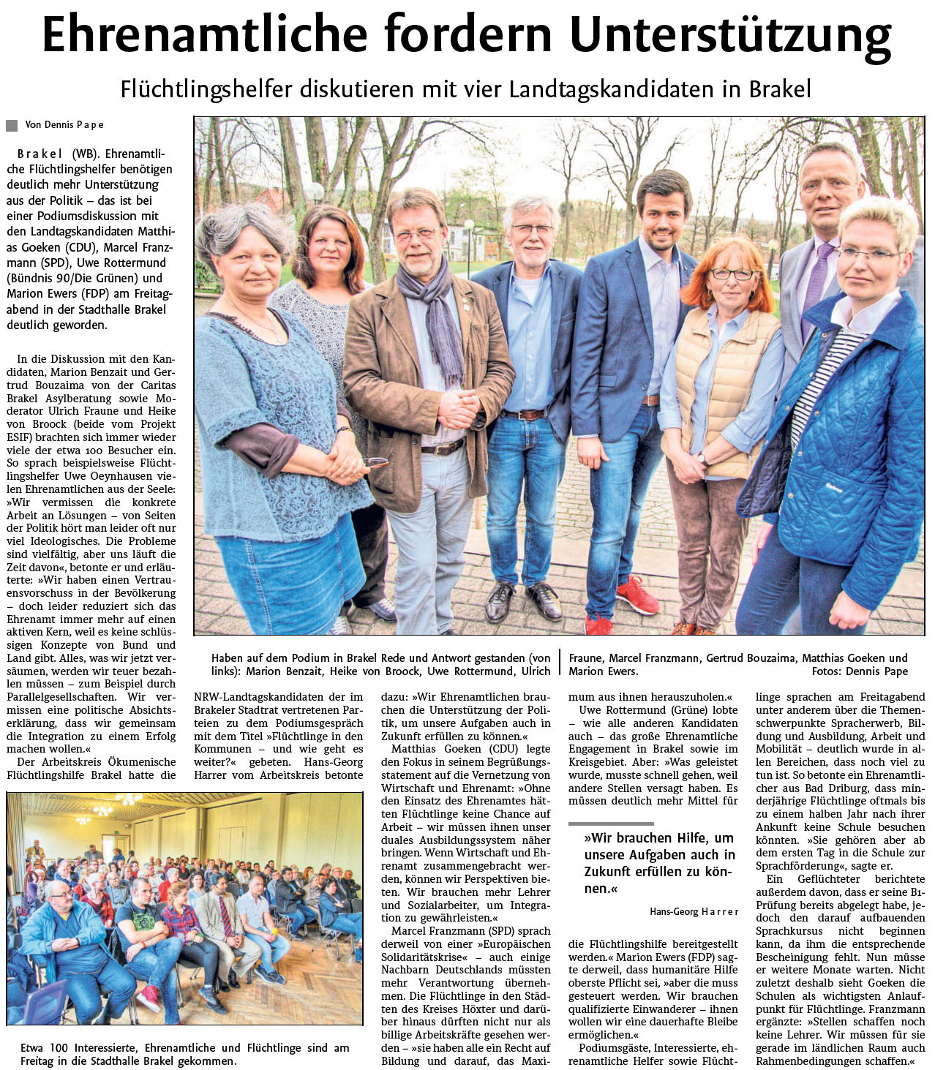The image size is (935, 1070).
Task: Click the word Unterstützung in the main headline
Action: tap(730, 34)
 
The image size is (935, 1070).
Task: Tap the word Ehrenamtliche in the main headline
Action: tap(204, 34)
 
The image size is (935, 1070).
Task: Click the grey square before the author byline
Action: tap(12, 125)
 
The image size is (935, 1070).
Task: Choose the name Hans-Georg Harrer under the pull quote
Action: tap(694, 911)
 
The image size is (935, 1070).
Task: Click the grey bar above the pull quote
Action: tap(610, 824)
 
